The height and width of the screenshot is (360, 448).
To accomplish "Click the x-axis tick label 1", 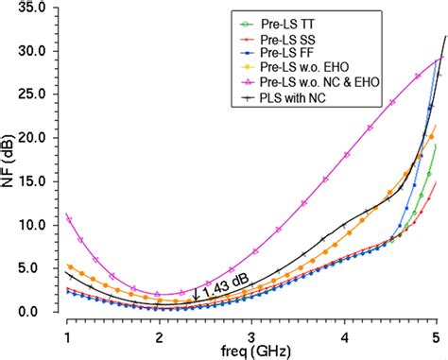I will [x=67, y=335].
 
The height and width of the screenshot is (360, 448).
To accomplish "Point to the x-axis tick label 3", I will [x=251, y=335].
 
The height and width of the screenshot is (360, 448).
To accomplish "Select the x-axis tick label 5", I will [x=435, y=335].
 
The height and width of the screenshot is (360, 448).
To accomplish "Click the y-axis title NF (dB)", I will [x=9, y=161].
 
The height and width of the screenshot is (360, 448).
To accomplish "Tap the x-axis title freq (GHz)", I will [x=253, y=352].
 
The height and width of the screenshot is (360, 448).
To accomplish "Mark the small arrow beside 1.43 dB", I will [x=196, y=293].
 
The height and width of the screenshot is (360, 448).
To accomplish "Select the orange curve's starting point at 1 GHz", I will [x=68, y=267].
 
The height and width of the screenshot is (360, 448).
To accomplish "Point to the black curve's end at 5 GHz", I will [x=444, y=36].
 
